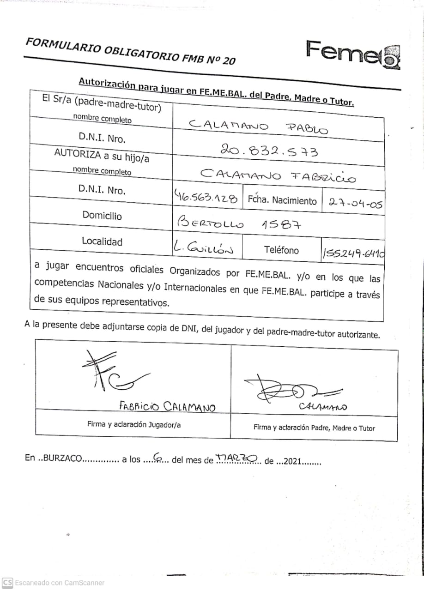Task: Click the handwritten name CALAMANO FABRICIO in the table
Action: pos(278,176)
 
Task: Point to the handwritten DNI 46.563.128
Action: pos(206,198)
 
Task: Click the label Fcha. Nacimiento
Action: pos(282,200)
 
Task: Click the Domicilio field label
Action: pos(102,215)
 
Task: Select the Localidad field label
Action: pos(102,241)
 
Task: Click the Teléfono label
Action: pos(281,250)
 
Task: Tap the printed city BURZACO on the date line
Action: pos(61,458)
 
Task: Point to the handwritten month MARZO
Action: pos(236,458)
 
